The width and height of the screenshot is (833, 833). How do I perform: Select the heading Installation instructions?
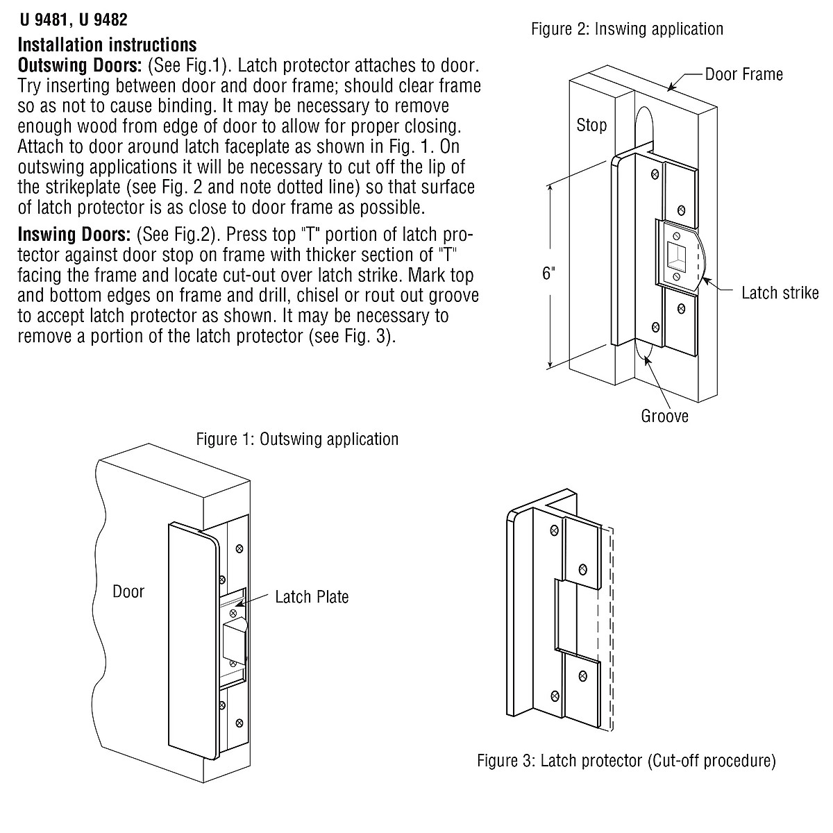pos(107,45)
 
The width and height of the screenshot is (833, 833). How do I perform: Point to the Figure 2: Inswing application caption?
pos(627,29)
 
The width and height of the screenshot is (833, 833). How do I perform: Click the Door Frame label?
pos(743,74)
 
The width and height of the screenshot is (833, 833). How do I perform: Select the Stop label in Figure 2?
pos(591,126)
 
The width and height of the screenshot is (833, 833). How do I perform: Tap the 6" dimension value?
pos(549,274)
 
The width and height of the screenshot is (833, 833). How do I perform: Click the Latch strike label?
pos(780,292)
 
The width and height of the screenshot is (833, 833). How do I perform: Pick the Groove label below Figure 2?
pos(664,416)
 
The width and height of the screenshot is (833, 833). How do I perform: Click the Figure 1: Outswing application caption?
pos(297,439)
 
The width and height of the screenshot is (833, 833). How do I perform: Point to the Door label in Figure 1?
pos(128,592)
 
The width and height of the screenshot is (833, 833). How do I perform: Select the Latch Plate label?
pos(312,597)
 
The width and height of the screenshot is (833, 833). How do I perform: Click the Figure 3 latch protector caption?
pos(625,760)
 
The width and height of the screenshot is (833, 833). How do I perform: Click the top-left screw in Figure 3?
pos(553,531)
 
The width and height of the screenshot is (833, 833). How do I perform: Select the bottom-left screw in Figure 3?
pos(554,696)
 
